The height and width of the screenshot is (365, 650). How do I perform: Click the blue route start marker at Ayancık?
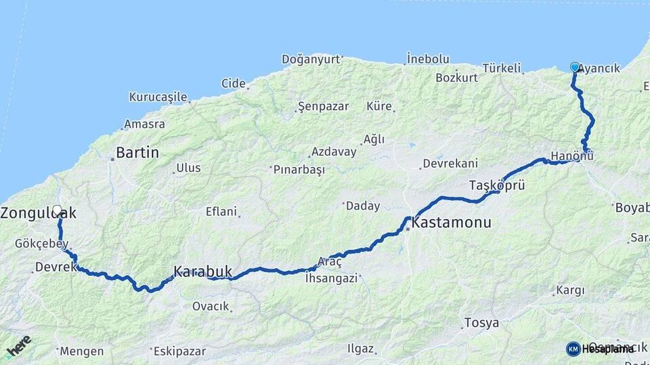click(575, 67)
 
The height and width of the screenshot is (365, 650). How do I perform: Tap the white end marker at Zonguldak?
click(57, 210)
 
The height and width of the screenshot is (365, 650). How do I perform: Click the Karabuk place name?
click(202, 271)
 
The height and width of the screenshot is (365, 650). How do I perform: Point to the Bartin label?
click(137, 153)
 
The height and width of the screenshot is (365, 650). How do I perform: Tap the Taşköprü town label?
click(497, 185)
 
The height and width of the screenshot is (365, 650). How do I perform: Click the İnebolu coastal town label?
click(428, 58)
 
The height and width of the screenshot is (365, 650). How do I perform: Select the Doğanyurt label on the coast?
click(310, 59)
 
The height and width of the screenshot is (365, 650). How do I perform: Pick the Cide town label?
click(233, 83)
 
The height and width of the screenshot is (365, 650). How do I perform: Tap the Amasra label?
click(144, 124)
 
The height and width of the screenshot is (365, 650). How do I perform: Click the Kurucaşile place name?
click(158, 97)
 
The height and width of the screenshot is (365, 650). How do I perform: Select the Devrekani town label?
click(450, 164)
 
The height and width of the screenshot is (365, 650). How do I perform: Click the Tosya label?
click(481, 323)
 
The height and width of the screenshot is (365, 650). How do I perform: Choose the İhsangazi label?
click(330, 278)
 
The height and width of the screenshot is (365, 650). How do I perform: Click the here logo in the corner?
click(18, 345)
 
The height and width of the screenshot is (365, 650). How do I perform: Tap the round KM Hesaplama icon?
click(573, 349)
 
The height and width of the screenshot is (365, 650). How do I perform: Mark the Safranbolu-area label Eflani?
click(221, 212)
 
